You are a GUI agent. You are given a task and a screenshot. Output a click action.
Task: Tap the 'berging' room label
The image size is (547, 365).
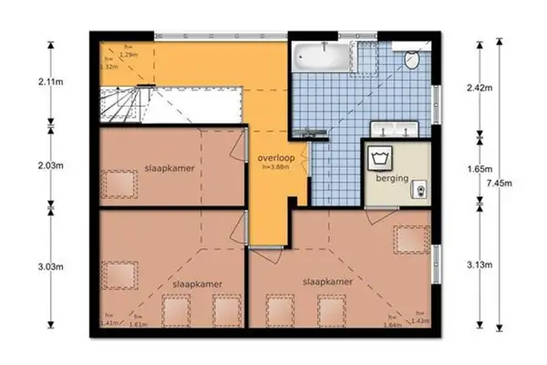tap(390, 179)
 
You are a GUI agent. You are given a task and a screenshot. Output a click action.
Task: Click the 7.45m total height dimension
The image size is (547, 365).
tap(525, 182)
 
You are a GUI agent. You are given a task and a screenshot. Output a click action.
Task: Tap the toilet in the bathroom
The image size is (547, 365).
tap(411, 58)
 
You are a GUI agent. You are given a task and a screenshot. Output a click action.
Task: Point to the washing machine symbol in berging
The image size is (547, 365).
tap(380, 158)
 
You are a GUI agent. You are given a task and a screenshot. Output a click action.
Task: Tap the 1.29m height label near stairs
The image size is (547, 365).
tap(133, 56)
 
